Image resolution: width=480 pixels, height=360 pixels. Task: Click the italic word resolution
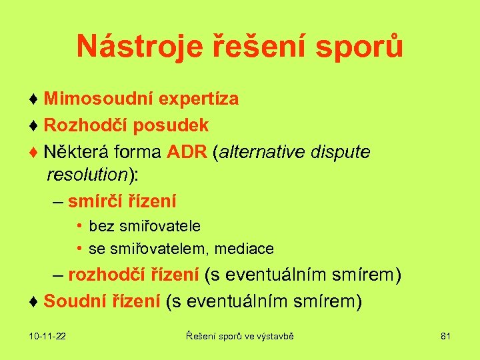(x=87, y=175)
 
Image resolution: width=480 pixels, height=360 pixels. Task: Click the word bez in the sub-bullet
(x=101, y=227)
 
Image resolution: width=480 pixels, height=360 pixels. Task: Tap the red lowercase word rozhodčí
(x=106, y=275)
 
